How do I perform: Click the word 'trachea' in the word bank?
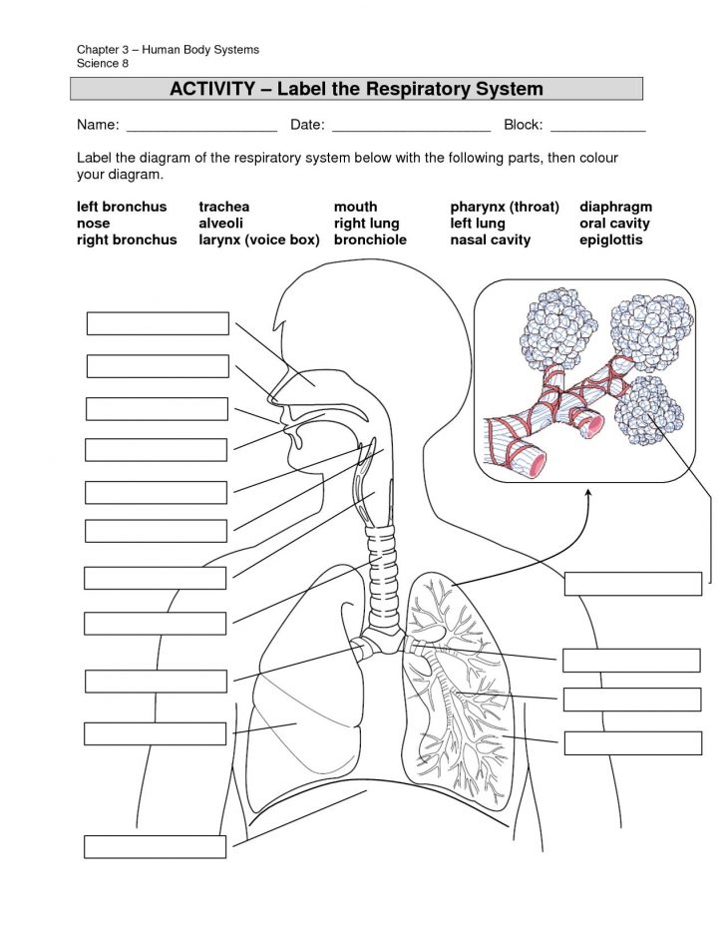223,207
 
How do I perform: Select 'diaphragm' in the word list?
615,207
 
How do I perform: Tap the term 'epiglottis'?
610,240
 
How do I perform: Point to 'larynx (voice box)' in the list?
258,240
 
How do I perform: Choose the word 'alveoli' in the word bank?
220,224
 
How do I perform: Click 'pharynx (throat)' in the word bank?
505,207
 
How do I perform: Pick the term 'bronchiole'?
369,240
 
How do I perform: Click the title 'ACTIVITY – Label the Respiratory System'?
356,89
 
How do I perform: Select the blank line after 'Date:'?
411,126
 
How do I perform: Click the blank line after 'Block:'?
597,126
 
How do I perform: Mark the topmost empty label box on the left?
158,323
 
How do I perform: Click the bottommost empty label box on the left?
155,846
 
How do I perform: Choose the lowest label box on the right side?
632,742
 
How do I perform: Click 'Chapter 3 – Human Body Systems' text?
169,50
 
